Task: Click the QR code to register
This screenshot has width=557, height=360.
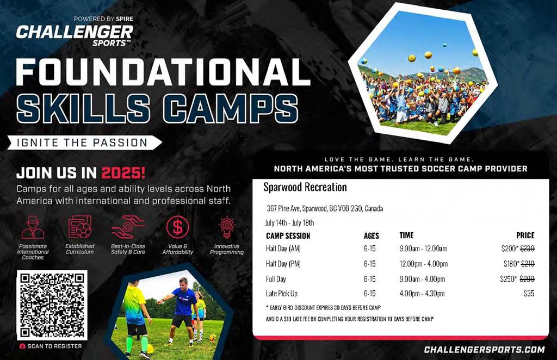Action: point(52,305)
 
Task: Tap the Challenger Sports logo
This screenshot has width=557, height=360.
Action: point(75,33)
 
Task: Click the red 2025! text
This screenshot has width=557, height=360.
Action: point(123,173)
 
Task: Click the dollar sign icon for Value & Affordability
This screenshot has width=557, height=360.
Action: point(177,227)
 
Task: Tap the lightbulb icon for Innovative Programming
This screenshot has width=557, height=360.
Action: point(227,227)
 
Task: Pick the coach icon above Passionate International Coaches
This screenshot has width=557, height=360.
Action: point(33,227)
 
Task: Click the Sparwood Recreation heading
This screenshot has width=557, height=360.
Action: point(305,187)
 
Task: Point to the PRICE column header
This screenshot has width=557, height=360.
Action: point(525,235)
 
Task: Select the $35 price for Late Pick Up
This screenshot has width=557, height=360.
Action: point(529,293)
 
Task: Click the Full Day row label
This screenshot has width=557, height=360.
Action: point(276,279)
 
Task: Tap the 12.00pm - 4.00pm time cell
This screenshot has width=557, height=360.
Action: point(423,264)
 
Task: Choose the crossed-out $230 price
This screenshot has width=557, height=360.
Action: point(528,249)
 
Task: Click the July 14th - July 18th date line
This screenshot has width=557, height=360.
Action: point(289,223)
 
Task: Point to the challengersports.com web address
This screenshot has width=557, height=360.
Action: point(484,350)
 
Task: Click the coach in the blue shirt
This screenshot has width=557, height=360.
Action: point(181,311)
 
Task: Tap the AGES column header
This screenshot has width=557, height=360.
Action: point(371,235)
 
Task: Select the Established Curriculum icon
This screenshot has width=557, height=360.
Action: point(80,227)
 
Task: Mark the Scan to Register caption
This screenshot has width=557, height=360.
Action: point(51,346)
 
